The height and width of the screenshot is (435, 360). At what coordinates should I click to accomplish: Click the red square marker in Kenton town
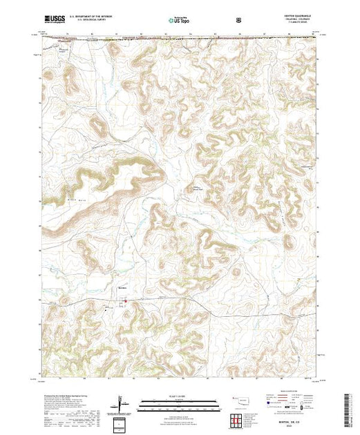click(125, 300)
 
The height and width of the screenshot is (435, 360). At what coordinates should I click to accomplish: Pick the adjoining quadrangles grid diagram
click(238, 419)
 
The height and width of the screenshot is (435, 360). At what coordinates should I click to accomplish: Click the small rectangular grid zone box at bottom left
click(122, 423)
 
